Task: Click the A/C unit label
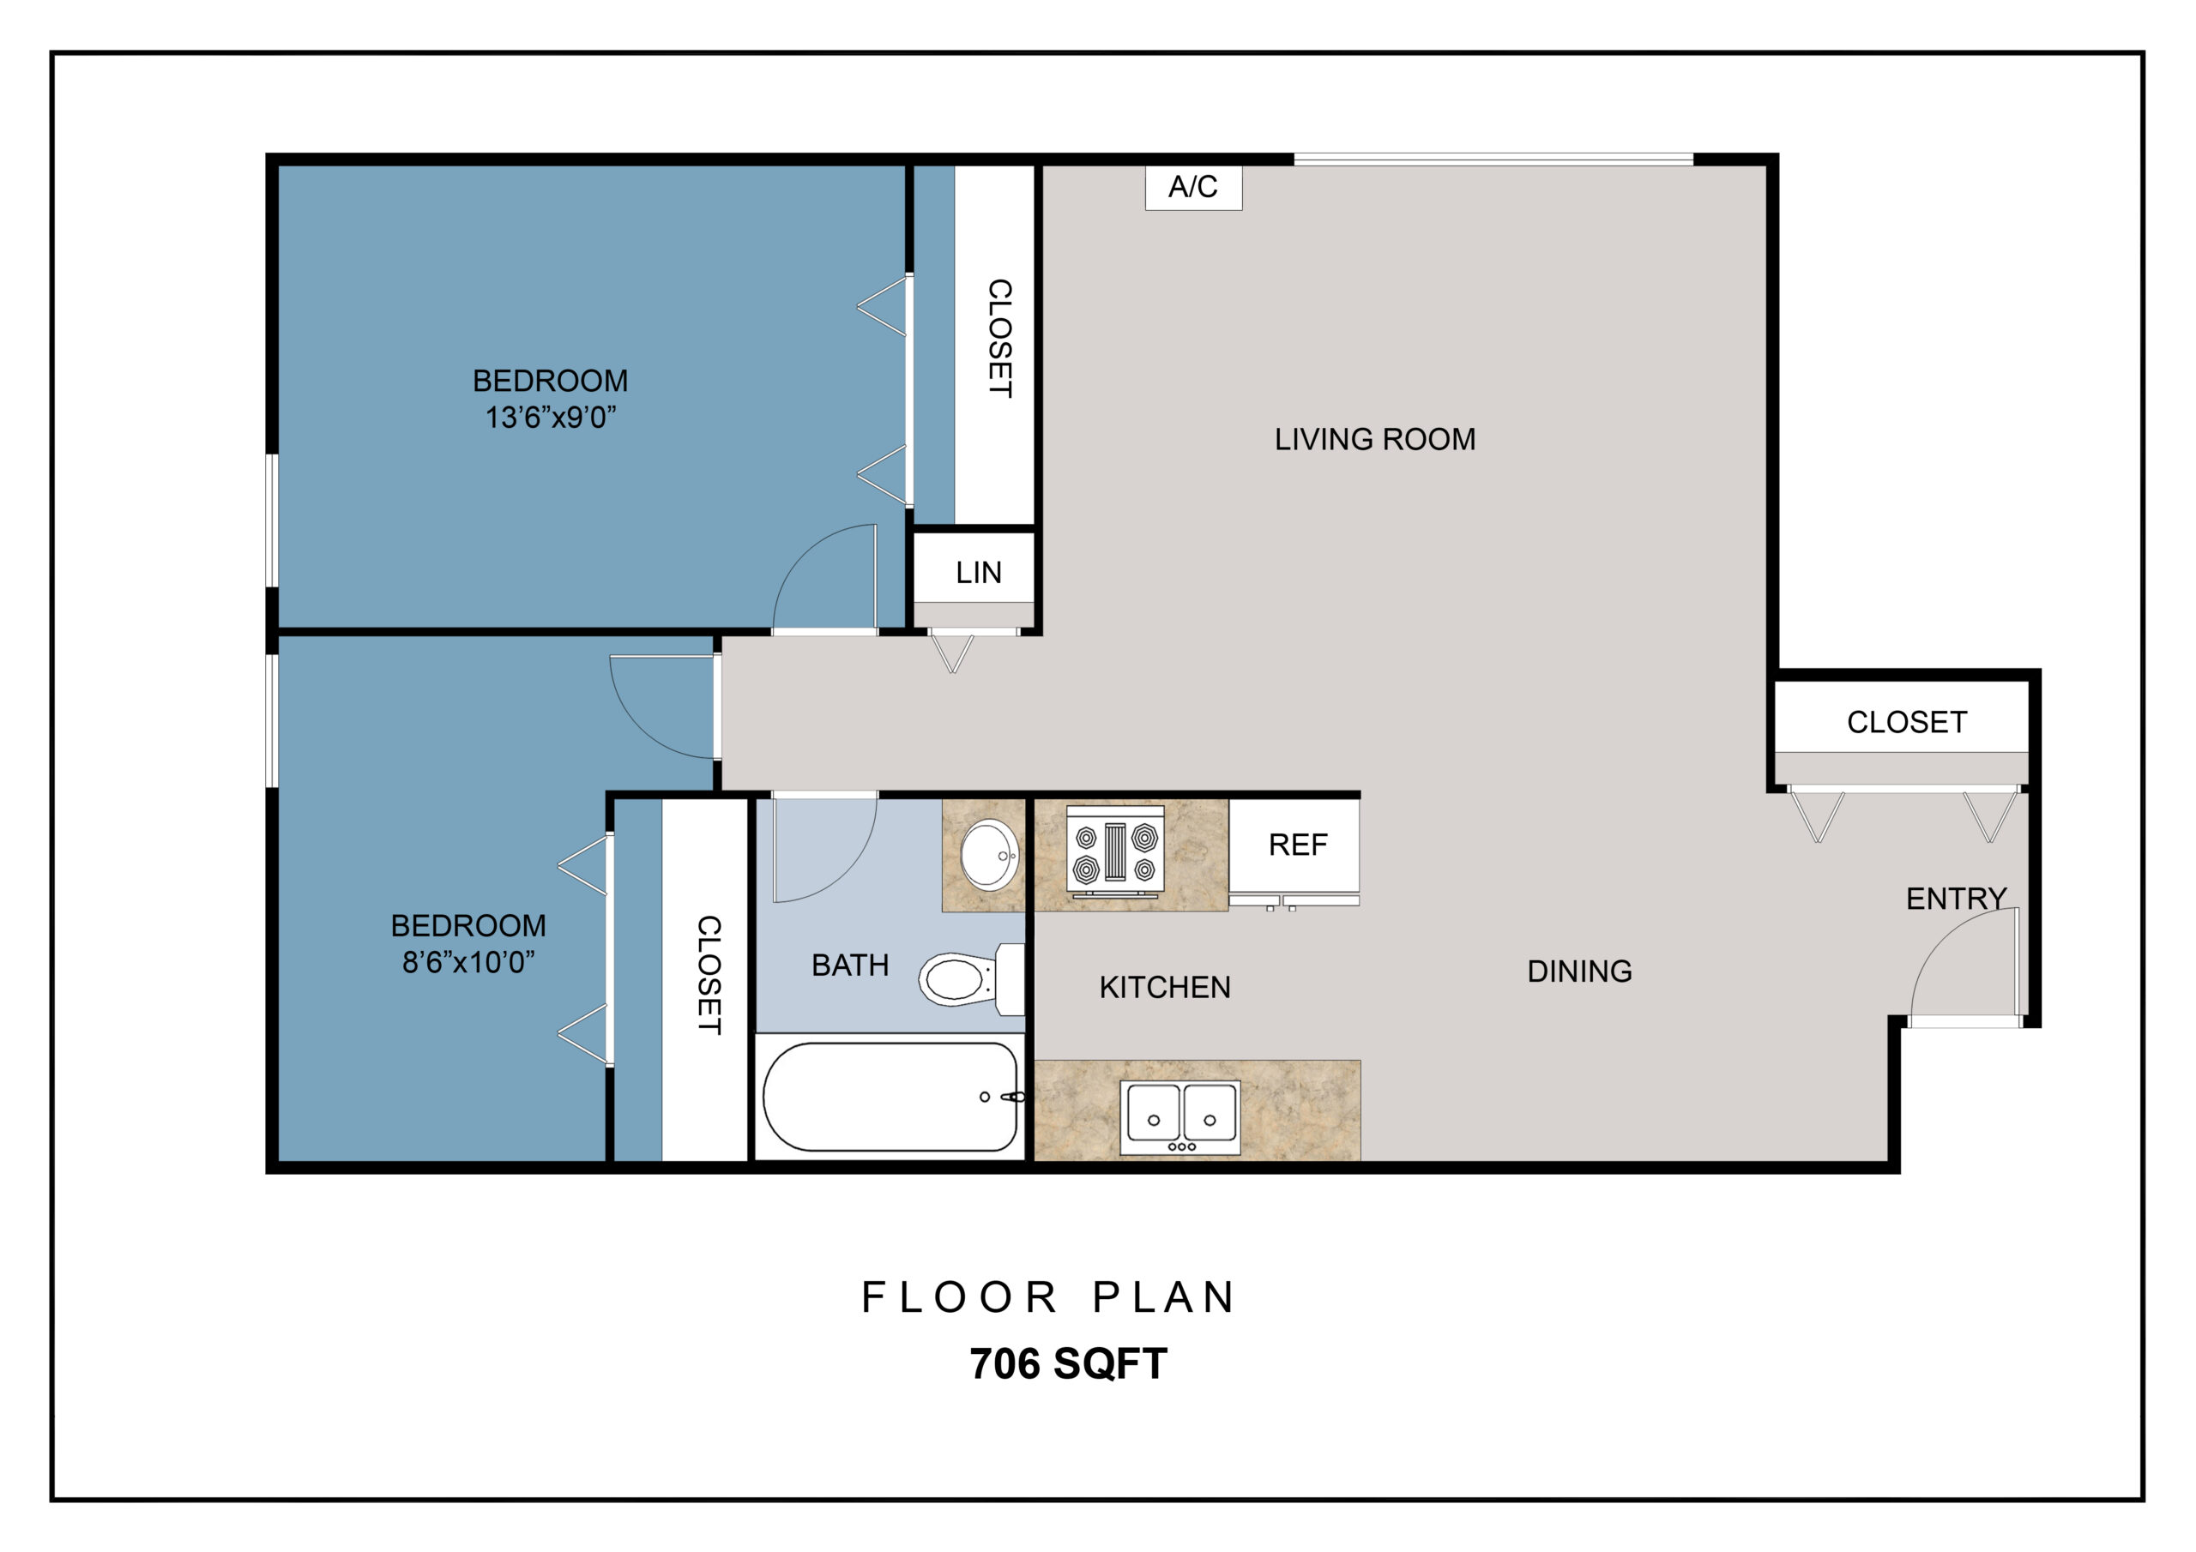coord(1192,186)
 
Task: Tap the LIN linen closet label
coord(979,573)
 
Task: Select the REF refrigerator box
coord(1294,846)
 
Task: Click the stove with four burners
coord(1115,851)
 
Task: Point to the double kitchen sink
coord(1180,1117)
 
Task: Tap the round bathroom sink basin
coord(989,854)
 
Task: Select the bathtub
coord(890,1097)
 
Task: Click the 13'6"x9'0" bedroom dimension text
coord(550,418)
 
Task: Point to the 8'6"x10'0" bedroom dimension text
coord(468,962)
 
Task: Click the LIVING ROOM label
coord(1374,439)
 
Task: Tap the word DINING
coord(1579,972)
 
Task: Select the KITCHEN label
coord(1164,987)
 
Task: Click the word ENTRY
coord(1956,899)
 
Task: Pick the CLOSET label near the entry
coord(1906,722)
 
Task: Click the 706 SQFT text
coord(1068,1363)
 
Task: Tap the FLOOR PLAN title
coord(1047,1297)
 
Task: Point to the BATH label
coord(849,965)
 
